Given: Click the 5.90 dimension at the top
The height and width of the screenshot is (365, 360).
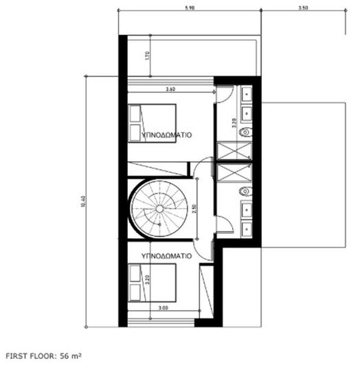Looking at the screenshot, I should pos(189,8).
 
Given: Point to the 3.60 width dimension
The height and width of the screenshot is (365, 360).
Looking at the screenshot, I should pos(170,88).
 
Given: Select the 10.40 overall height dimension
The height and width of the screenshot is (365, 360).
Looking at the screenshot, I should pos(82,200).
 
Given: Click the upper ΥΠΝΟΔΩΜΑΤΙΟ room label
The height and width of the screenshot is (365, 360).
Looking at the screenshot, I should pos(166,137).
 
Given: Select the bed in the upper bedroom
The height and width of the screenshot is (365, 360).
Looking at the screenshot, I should pos(153,122).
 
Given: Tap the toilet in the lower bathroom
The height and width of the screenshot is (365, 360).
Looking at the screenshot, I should pos(245,191).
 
